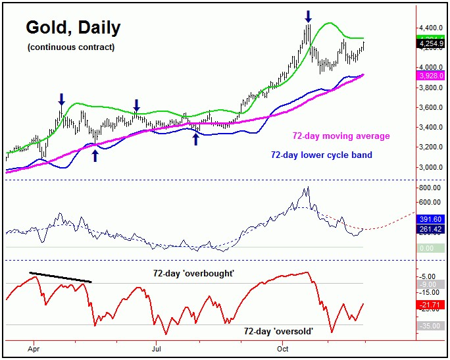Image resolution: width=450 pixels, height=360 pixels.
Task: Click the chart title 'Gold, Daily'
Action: pyautogui.click(x=73, y=28)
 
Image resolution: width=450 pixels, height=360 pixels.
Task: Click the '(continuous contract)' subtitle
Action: pyautogui.click(x=71, y=47)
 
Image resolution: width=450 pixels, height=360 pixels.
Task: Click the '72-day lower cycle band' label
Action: pyautogui.click(x=322, y=155)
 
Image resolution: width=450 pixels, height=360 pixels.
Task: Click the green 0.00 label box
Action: pyautogui.click(x=430, y=247)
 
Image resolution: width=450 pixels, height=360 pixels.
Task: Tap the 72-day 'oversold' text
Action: pyautogui.click(x=278, y=331)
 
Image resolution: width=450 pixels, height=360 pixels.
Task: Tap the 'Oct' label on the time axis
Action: pyautogui.click(x=283, y=347)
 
